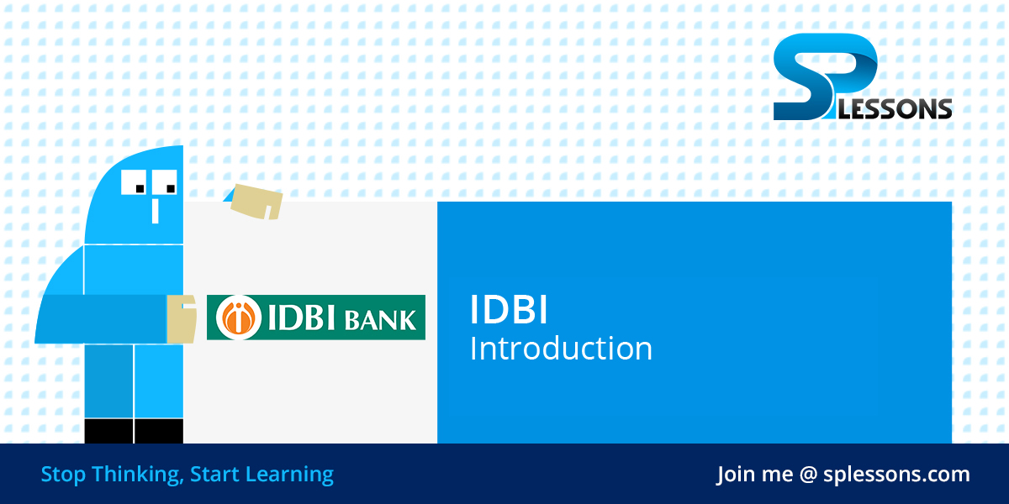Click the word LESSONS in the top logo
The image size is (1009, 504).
tap(905, 108)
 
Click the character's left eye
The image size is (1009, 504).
tap(136, 182)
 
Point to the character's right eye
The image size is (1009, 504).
tap(167, 182)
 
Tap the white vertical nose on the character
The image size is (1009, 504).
tap(155, 210)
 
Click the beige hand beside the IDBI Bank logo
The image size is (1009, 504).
tap(181, 318)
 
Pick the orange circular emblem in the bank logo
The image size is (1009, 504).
tap(239, 318)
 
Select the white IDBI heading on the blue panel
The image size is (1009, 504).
tap(509, 311)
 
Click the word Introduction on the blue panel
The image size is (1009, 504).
tap(561, 349)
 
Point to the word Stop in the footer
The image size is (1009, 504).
tap(63, 475)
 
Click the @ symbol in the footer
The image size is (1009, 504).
tap(809, 475)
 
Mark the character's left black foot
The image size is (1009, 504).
tap(108, 431)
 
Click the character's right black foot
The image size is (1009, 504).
tap(159, 431)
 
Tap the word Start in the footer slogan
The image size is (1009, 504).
tap(214, 475)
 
